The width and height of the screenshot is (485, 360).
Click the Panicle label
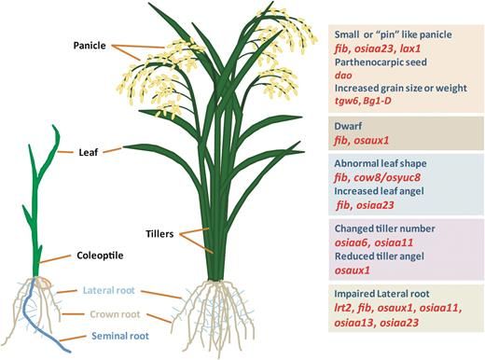tap(93, 44)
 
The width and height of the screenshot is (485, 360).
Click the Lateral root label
tap(109, 290)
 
